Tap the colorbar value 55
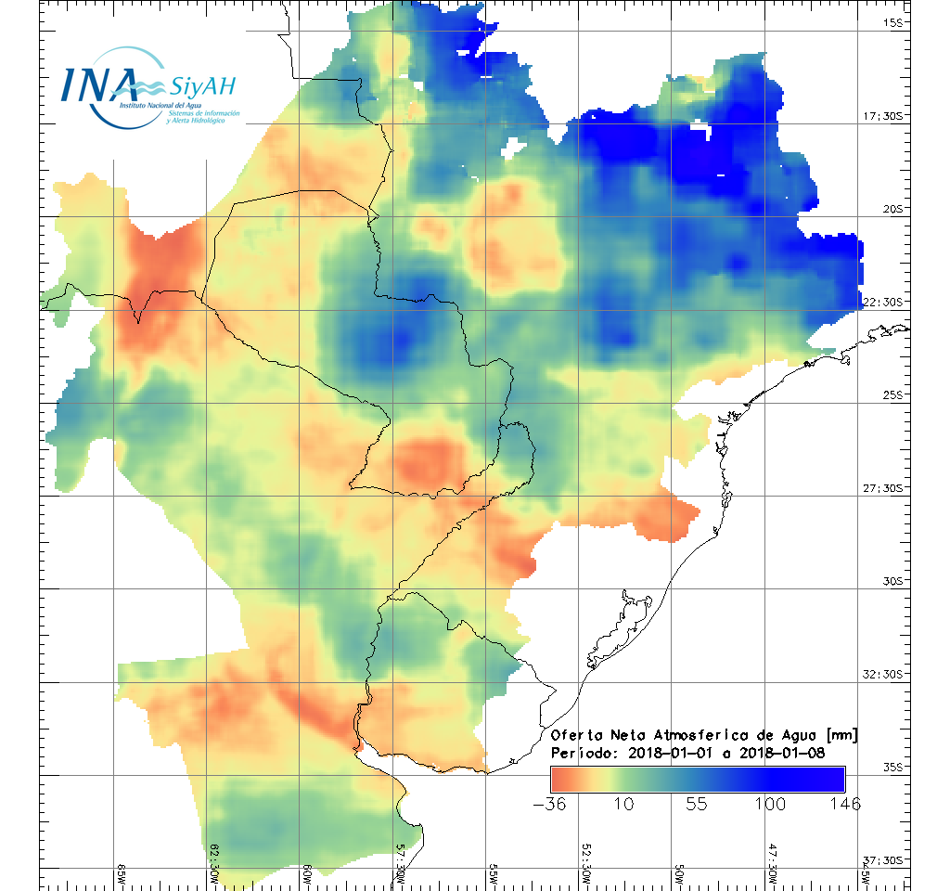697,804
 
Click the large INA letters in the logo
99,84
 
